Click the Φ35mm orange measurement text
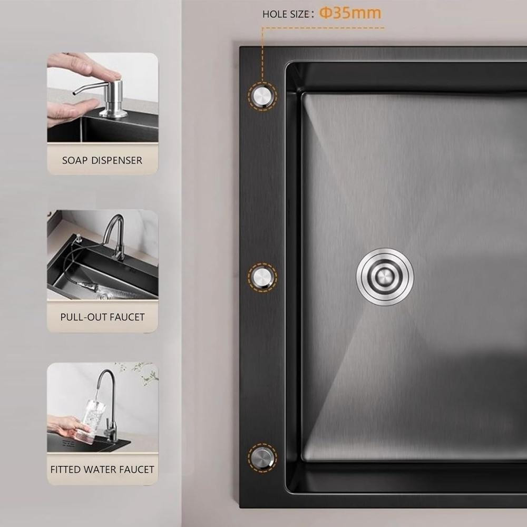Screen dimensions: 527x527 350,13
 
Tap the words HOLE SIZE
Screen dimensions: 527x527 286,14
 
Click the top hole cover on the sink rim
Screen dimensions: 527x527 262,96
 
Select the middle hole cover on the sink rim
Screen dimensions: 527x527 262,277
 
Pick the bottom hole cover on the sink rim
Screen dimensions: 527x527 262,457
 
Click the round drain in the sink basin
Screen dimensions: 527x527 385,277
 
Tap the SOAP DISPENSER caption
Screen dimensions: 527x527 102,160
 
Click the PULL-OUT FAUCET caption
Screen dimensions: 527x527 103,317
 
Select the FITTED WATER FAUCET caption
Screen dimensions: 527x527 102,469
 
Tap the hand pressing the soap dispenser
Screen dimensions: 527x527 84,65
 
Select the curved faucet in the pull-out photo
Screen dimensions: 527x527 114,237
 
